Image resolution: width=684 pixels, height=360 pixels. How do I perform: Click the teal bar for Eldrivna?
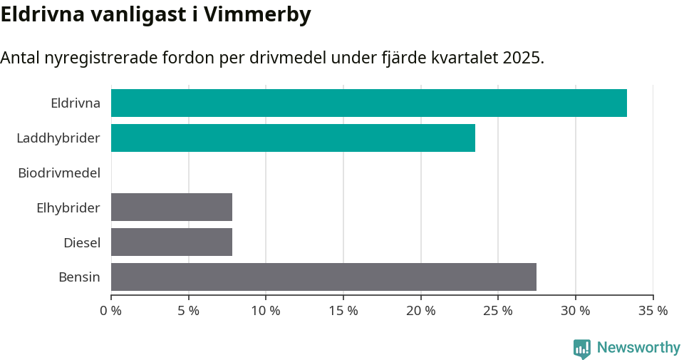click(368, 103)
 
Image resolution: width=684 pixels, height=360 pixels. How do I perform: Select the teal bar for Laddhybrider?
click(293, 138)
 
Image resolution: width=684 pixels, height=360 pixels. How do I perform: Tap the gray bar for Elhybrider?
click(172, 207)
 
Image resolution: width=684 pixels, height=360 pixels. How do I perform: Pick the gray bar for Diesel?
click(172, 242)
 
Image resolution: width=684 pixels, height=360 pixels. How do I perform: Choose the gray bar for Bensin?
click(323, 277)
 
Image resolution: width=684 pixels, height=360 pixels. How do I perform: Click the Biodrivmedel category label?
click(59, 173)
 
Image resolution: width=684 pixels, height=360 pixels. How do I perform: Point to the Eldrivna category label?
click(76, 103)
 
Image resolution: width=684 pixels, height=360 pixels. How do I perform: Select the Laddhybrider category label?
click(58, 138)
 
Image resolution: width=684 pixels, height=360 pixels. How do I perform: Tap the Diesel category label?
click(82, 243)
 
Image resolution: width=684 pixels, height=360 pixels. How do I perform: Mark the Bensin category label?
click(79, 277)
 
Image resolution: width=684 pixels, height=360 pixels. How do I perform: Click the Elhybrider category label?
click(68, 208)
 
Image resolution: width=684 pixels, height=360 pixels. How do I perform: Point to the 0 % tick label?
click(111, 311)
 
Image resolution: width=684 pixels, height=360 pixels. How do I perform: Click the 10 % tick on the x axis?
click(266, 311)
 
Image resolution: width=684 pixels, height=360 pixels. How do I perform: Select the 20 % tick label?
click(420, 311)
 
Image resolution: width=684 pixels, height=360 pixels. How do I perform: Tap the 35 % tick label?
click(653, 311)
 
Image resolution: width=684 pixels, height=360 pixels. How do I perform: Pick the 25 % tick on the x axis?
click(498, 311)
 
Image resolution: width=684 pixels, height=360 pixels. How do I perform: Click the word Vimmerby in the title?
click(257, 15)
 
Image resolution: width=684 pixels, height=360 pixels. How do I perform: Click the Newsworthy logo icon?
click(582, 349)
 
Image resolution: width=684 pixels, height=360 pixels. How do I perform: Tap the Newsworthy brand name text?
click(638, 348)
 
